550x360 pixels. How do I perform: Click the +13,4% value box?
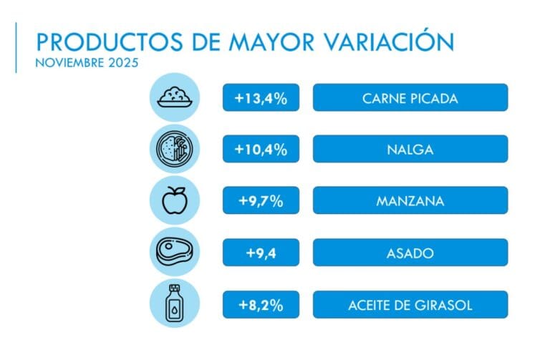261,98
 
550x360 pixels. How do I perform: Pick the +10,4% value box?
261,150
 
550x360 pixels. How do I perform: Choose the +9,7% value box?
261,201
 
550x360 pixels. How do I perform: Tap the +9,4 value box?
261,252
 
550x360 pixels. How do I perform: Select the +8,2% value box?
261,304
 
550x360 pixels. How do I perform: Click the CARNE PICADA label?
410,98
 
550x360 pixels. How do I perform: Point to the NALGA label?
410,150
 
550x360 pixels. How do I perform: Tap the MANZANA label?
410,201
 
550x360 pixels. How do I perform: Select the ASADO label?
410,252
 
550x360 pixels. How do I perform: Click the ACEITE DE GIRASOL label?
410,304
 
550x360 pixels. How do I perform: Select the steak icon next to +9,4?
174,252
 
